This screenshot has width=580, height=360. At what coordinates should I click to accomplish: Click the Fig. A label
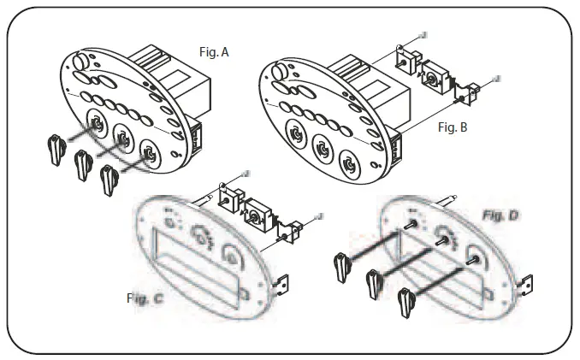point(213,52)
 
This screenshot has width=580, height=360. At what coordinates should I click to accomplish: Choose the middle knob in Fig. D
point(375,279)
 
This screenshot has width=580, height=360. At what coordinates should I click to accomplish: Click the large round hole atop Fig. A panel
point(81,61)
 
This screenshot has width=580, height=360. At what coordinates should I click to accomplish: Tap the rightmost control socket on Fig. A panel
point(151,155)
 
